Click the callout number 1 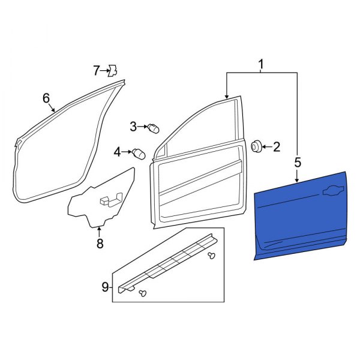[261, 64]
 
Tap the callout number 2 [277, 146]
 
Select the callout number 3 [133, 126]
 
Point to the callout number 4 [118, 152]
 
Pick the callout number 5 [297, 161]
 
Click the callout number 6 [46, 98]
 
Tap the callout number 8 [100, 243]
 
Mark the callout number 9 [106, 287]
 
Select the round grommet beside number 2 [256, 145]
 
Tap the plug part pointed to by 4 [140, 152]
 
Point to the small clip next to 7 [111, 71]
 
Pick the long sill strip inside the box [168, 261]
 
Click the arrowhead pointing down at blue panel [297, 179]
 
